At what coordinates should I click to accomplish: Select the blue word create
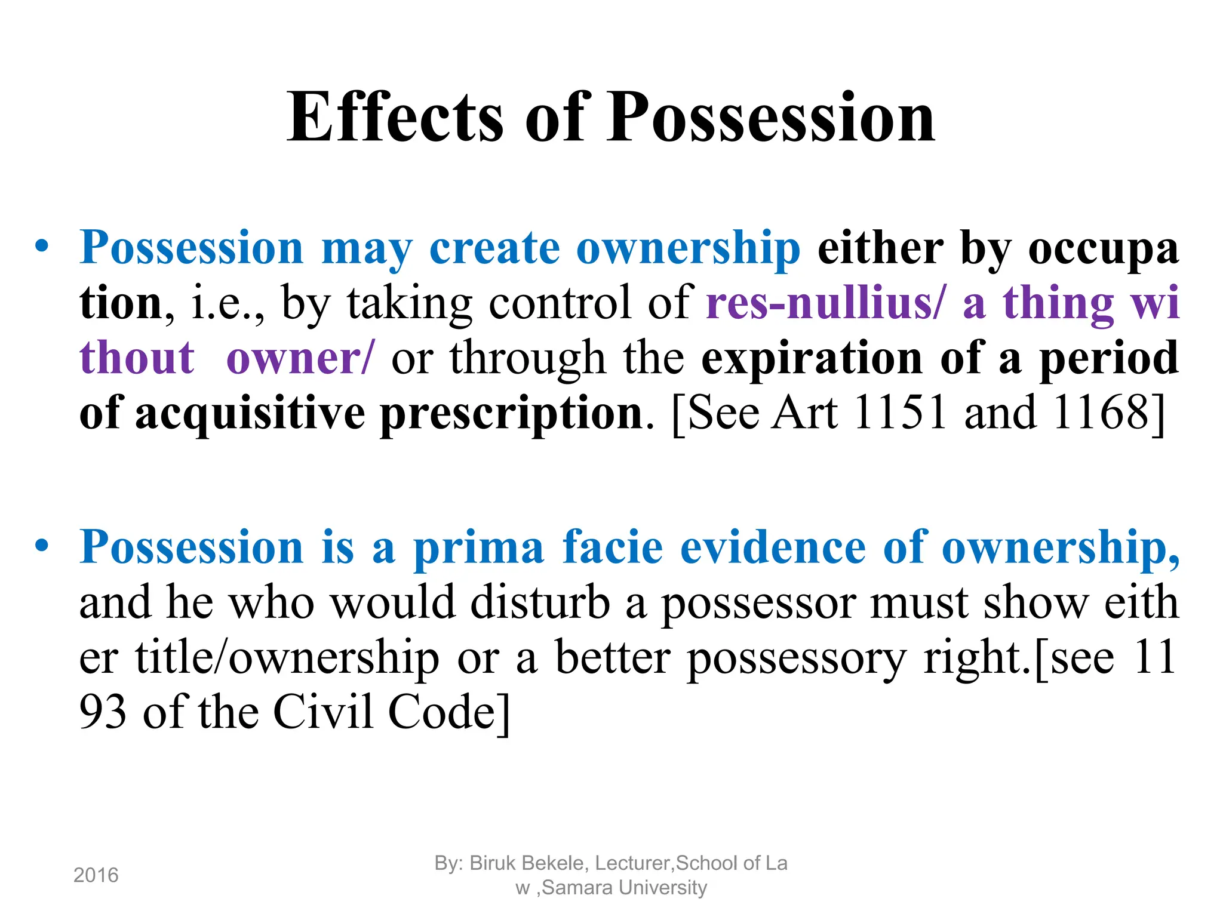494,248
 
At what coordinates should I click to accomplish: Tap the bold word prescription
511,413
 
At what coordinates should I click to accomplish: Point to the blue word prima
478,547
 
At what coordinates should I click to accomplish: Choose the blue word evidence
773,547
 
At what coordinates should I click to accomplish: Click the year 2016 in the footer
96,876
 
